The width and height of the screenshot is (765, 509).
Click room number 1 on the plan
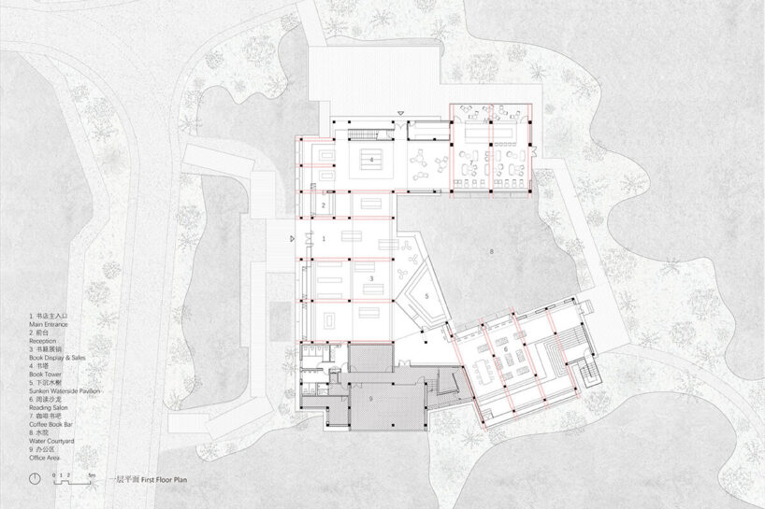tap(324, 239)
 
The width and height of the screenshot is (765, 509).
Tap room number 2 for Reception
tap(324, 205)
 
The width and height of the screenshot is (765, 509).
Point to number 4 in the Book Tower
tap(371, 161)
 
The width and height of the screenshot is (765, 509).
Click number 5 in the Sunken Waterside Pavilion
tap(426, 296)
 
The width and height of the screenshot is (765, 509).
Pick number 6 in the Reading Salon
tap(506, 349)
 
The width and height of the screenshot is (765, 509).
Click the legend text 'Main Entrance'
tap(49, 324)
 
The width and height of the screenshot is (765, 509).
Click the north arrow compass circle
tap(35, 479)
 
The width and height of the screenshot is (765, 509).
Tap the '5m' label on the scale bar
tap(91, 475)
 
